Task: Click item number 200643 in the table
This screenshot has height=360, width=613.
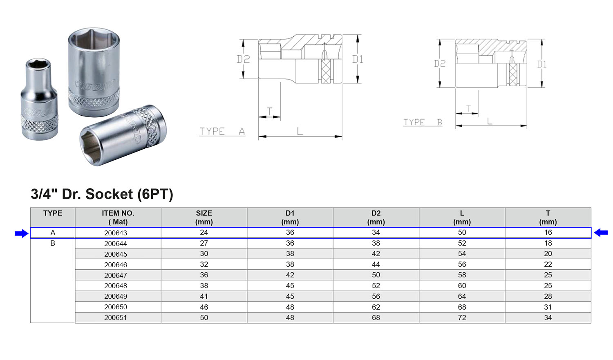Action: (x=116, y=233)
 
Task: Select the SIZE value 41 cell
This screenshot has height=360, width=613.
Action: (x=204, y=296)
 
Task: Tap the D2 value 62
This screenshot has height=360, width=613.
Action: (x=376, y=307)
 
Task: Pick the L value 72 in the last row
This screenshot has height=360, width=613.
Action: (x=462, y=318)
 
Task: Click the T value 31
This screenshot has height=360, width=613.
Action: (x=548, y=307)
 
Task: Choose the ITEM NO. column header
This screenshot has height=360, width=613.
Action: (x=118, y=217)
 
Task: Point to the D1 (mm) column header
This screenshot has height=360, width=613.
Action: (x=290, y=217)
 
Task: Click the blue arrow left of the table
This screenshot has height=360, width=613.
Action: (x=22, y=234)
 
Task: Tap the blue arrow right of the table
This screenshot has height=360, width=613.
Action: (x=601, y=233)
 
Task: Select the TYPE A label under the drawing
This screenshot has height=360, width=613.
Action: (x=222, y=132)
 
